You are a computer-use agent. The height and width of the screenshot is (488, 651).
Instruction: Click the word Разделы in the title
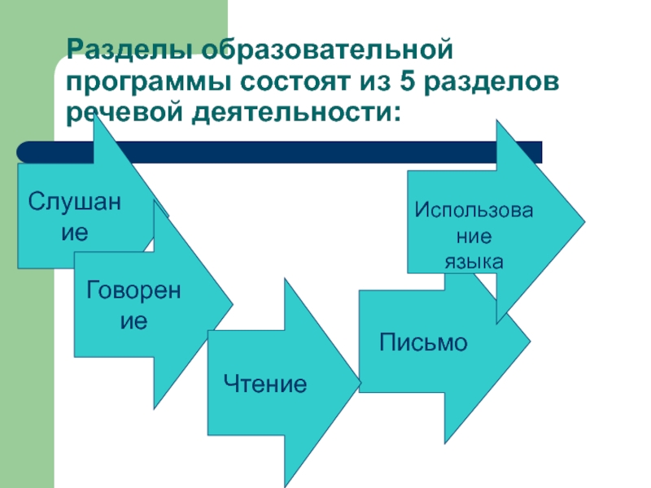(x=129, y=52)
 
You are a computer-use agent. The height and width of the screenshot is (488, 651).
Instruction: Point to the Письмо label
(x=423, y=342)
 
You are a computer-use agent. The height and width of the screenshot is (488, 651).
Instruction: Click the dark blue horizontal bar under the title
(x=325, y=152)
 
